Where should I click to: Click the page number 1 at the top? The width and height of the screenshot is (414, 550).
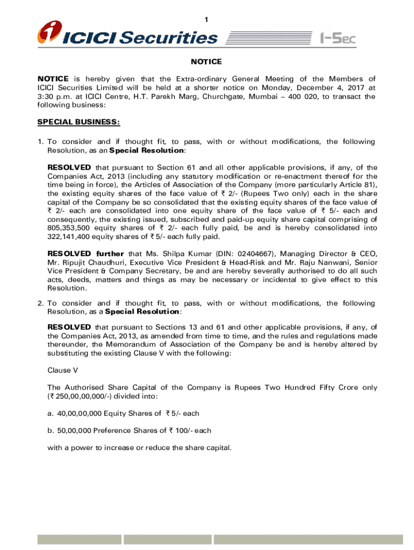point(206,20)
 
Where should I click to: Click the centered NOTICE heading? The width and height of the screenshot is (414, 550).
point(206,62)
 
